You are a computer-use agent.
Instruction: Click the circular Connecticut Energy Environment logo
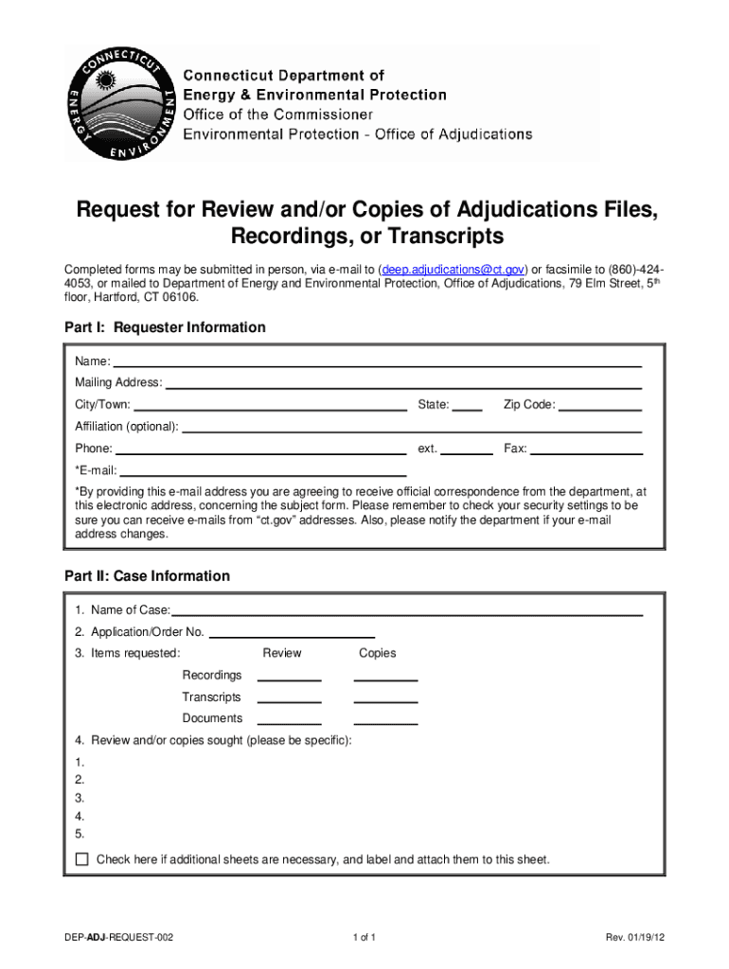pyautogui.click(x=119, y=104)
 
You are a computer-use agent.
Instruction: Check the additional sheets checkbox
pyautogui.click(x=81, y=859)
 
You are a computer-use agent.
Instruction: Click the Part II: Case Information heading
pyautogui.click(x=147, y=575)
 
